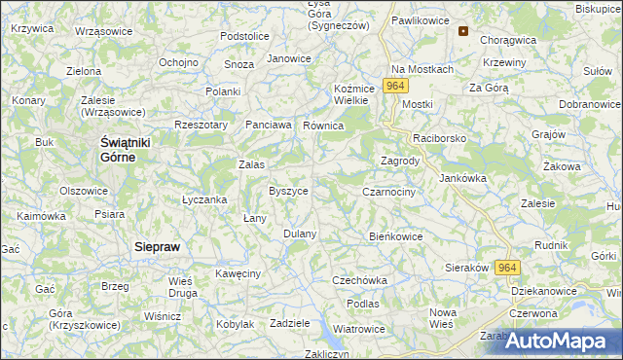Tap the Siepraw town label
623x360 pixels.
click(x=157, y=247)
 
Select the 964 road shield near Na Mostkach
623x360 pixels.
click(x=395, y=87)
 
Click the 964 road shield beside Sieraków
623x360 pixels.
click(x=506, y=268)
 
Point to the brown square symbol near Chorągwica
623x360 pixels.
click(x=463, y=30)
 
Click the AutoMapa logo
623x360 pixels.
click(x=562, y=342)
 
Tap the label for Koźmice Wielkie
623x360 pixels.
click(x=349, y=93)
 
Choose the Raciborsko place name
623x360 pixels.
click(x=440, y=139)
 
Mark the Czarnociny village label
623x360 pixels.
click(x=389, y=193)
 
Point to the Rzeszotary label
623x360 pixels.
click(x=201, y=125)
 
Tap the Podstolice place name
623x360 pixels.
click(x=244, y=36)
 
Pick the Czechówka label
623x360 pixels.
click(x=360, y=280)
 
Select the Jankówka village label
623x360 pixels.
click(x=462, y=178)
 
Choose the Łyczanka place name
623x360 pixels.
click(x=204, y=199)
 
